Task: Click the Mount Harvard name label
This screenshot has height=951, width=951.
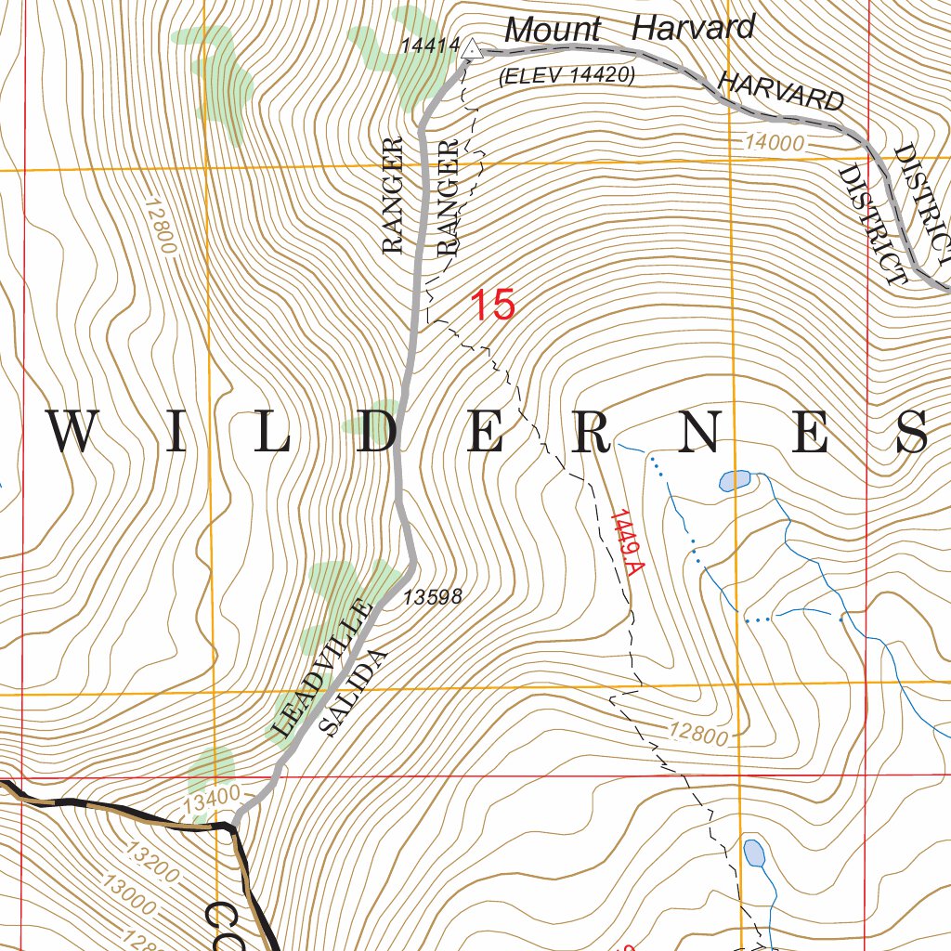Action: (630, 29)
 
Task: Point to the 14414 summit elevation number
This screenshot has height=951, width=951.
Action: (431, 45)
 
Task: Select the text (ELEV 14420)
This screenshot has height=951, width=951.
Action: (567, 77)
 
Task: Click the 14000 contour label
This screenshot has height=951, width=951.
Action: (772, 143)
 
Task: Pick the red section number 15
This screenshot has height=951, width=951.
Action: (492, 306)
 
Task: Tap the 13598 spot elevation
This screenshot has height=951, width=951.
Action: (432, 597)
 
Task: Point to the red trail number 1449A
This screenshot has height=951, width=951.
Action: (625, 544)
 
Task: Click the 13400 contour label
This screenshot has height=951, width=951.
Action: (212, 797)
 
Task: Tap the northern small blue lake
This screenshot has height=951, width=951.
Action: (735, 480)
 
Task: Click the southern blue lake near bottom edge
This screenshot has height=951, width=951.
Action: (754, 853)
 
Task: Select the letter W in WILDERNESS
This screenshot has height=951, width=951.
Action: (73, 433)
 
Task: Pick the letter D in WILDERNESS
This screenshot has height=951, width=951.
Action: (380, 433)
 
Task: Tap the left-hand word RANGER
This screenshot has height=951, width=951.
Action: (394, 195)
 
